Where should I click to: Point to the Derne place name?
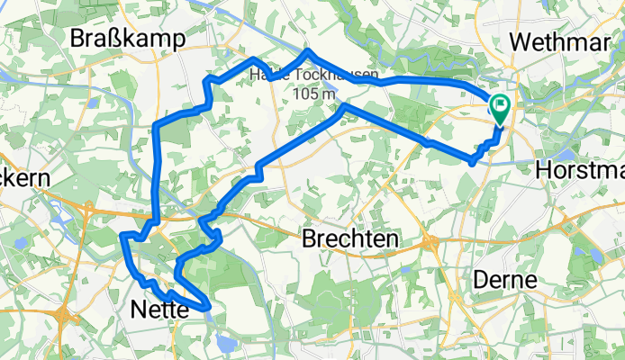point(505,280)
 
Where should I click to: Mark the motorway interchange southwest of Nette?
point(66,317)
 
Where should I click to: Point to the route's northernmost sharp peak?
point(308,51)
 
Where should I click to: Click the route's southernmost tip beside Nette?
point(209,308)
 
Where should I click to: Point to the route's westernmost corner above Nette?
point(122,237)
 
